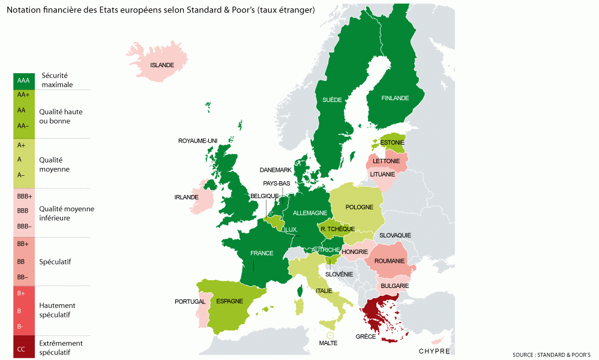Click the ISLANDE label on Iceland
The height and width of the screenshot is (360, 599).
(162, 65)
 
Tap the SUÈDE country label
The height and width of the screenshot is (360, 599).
(332, 100)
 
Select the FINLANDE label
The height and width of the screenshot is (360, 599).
(395, 98)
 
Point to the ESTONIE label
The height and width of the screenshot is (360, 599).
(392, 143)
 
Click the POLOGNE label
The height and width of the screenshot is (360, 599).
(360, 207)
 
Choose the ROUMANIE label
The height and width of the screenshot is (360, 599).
(389, 261)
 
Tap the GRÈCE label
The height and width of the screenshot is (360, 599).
(366, 337)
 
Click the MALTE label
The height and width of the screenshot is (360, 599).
(328, 343)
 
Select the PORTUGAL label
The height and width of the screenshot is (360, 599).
(190, 301)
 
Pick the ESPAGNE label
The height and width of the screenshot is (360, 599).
(230, 301)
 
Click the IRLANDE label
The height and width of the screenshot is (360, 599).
(186, 197)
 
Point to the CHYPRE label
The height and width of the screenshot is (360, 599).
(435, 351)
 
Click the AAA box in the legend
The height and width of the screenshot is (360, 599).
(23, 80)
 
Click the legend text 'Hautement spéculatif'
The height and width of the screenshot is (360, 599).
(57, 310)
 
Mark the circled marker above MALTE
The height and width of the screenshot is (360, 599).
(329, 336)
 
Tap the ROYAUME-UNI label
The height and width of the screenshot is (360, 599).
(197, 140)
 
